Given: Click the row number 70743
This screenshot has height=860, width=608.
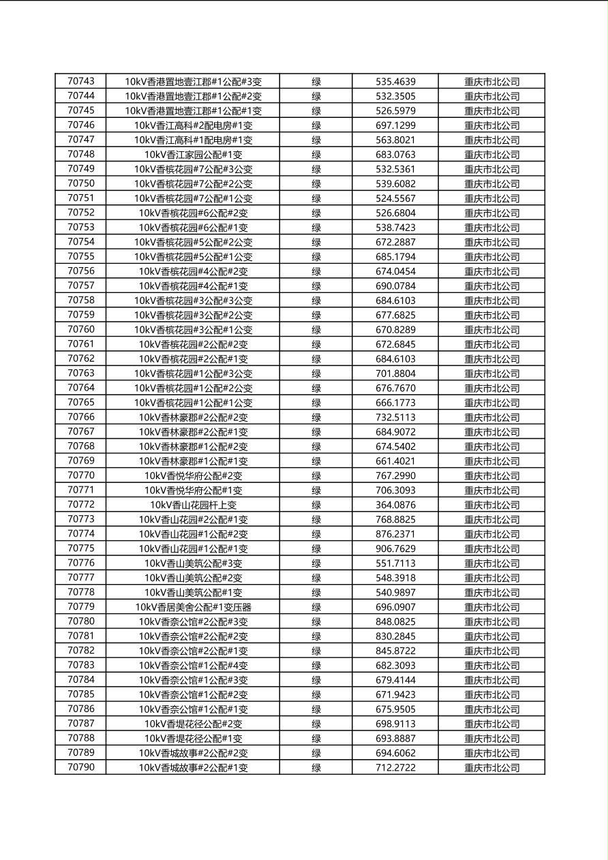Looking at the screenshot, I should tap(81, 81).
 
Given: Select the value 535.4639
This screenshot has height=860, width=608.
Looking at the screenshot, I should tap(395, 82).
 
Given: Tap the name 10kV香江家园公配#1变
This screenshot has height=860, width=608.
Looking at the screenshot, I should tap(193, 155).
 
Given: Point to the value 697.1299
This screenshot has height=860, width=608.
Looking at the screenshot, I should tap(395, 125).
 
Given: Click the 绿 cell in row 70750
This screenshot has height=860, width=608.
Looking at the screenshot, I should tap(316, 184).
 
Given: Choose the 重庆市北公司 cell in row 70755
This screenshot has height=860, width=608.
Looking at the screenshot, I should tap(491, 257).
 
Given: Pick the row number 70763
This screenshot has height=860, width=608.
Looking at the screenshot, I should tap(81, 373).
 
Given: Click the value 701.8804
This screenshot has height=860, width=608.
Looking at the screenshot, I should tap(395, 373).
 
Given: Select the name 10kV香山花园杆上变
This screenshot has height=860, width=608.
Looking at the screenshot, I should tap(193, 505).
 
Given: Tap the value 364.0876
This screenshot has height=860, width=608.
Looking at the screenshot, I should tap(395, 505).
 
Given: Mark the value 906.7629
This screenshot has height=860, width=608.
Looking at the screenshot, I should tap(395, 549).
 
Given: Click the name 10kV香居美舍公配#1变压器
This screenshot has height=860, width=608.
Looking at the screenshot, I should tap(193, 607).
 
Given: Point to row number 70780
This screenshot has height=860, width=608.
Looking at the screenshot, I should tap(81, 621).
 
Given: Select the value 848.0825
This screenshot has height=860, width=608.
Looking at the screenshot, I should tap(395, 621).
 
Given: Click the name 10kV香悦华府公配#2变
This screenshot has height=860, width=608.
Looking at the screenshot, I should tap(193, 476).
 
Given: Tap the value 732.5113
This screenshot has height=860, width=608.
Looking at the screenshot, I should tap(395, 417).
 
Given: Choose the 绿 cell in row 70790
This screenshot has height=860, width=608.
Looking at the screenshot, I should tap(316, 767).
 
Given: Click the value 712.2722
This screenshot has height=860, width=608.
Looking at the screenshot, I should tap(395, 767).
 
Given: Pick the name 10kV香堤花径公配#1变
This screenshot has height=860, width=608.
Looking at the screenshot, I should tap(193, 739).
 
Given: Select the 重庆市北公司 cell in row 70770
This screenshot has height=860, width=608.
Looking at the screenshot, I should tap(491, 476).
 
